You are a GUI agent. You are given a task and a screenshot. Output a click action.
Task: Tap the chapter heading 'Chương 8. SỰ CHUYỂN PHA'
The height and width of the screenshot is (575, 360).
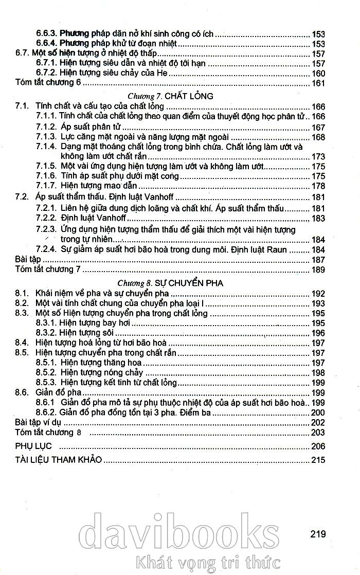pos(169,283)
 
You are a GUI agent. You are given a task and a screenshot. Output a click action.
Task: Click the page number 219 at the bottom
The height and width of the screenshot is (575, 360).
pos(318,534)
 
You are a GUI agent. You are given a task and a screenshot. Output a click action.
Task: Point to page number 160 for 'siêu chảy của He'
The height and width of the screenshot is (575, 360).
pos(318,73)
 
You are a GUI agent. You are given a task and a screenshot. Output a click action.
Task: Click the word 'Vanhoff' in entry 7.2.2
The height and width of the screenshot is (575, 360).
pos(97,218)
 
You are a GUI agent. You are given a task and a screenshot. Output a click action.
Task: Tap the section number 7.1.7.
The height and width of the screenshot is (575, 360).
pos(45,186)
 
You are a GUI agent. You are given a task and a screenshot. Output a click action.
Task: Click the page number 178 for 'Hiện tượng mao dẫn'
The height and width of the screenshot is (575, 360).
pos(318,186)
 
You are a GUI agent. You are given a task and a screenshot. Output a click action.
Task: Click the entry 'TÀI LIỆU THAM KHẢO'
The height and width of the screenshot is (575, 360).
pos(58,459)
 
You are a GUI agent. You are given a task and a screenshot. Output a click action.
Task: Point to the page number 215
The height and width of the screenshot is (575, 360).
pos(318,459)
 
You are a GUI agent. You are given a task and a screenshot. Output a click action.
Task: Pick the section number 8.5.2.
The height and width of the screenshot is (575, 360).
pos(45,372)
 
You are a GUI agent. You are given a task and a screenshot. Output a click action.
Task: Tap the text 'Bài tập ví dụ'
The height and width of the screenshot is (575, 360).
pos(39,422)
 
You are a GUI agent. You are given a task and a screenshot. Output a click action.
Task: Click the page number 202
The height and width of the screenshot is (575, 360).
pos(318,422)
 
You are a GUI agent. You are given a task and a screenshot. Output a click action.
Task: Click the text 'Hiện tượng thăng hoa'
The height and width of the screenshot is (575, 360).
pos(101,363)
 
